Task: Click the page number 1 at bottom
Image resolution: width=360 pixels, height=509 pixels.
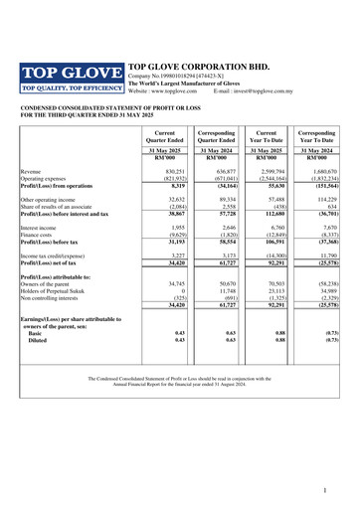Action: [338, 491]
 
